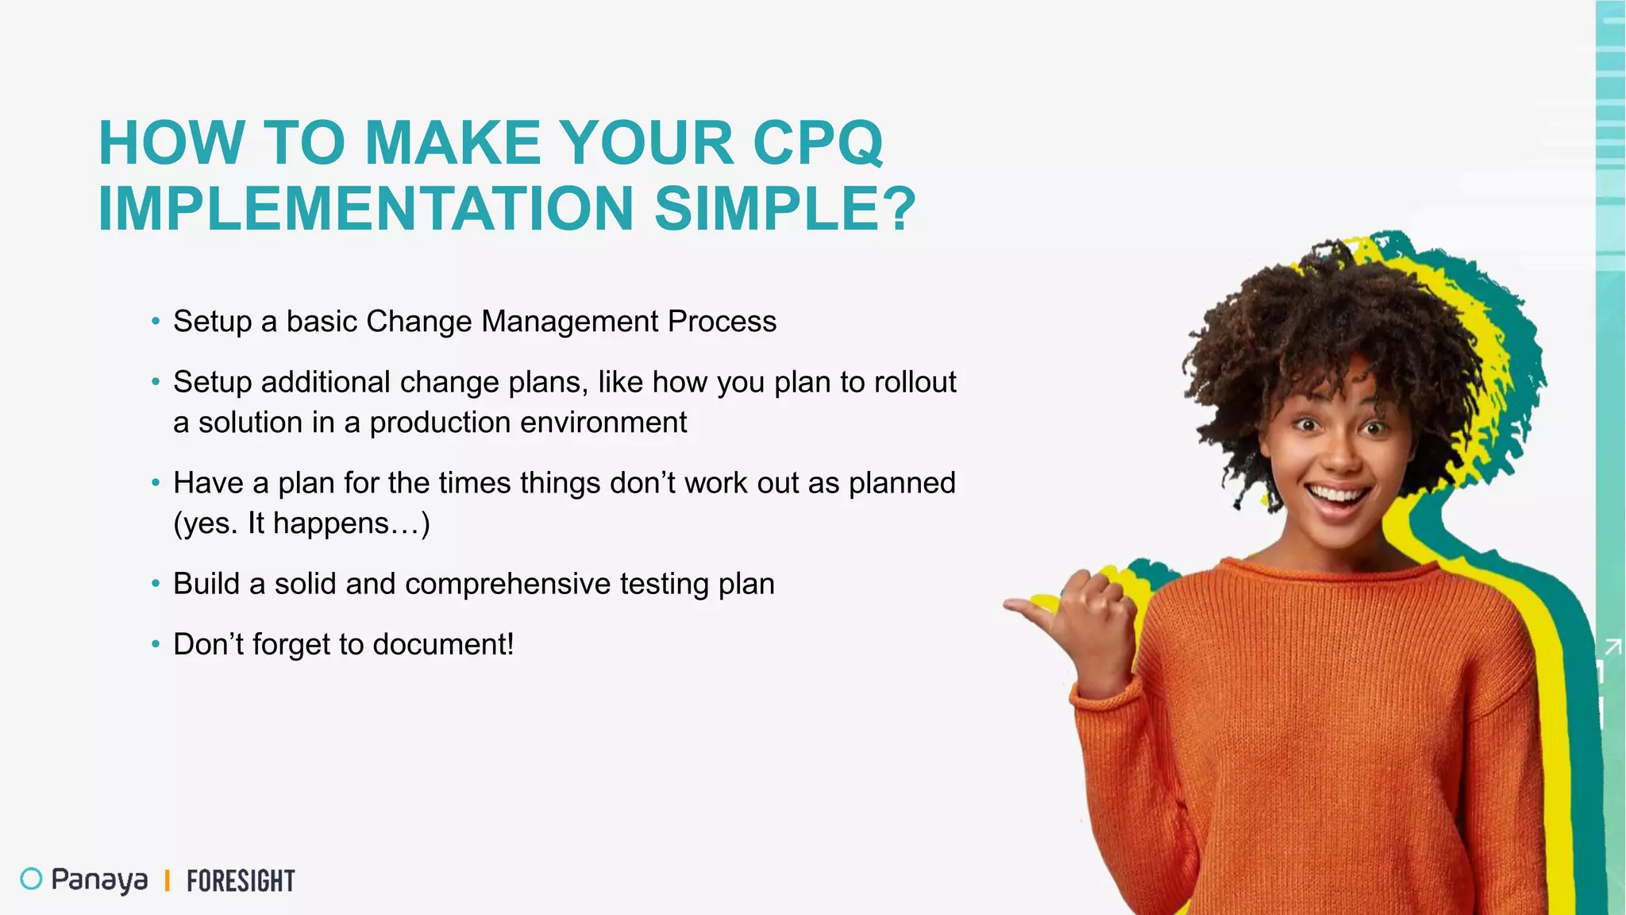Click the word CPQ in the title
(817, 143)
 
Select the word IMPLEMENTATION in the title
(366, 209)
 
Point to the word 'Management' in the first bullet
(569, 322)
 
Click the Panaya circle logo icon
(31, 878)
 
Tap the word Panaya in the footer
(99, 880)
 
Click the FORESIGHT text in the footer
(241, 881)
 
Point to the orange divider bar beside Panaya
(168, 880)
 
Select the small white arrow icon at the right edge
(1613, 647)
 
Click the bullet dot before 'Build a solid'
(156, 584)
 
